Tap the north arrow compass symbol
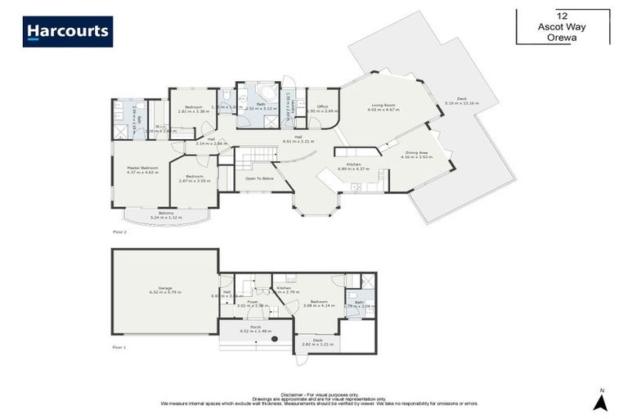coord(601,401)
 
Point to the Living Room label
coord(384,106)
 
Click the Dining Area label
coord(416,154)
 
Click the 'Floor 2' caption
coord(119,232)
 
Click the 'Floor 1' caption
coord(119,348)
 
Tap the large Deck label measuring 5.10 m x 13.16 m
coord(456,101)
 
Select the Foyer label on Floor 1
coord(253,303)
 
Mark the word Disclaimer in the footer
coord(293,393)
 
